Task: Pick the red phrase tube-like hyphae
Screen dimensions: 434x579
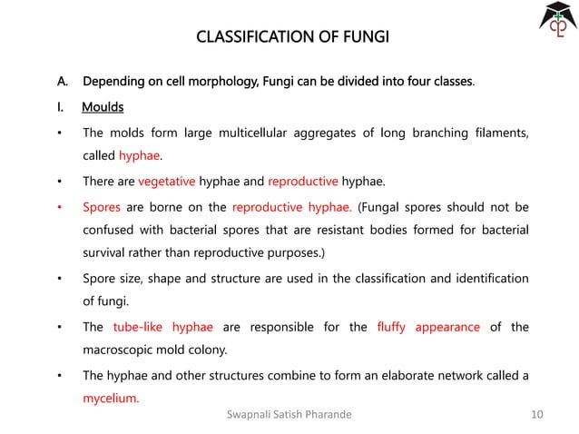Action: pyautogui.click(x=162, y=327)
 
